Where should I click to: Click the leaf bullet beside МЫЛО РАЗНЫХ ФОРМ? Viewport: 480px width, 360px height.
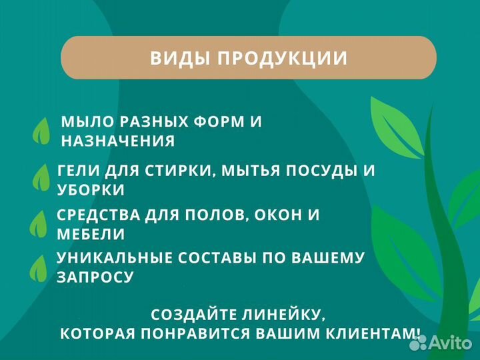(x=42, y=131)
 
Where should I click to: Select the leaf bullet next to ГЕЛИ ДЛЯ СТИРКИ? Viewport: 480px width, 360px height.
(x=42, y=179)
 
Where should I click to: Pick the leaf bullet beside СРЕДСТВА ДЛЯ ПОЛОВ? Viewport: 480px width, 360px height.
(x=39, y=224)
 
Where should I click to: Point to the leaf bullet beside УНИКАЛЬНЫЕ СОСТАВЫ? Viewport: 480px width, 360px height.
(x=39, y=267)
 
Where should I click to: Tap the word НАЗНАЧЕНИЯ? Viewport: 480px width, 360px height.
(x=118, y=141)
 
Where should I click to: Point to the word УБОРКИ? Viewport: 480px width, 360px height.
(x=91, y=189)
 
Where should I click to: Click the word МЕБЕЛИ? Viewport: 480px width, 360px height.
(x=91, y=234)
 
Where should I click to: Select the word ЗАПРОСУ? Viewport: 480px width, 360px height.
(x=95, y=277)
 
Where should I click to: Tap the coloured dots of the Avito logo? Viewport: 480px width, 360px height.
(x=419, y=343)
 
